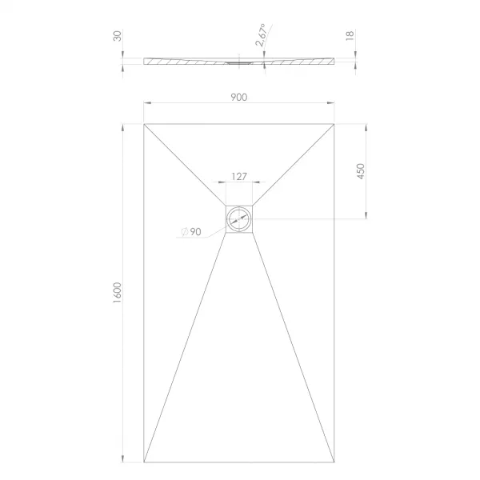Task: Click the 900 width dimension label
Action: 238,97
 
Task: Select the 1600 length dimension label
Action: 118,293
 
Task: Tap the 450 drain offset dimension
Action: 362,171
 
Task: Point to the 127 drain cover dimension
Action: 238,176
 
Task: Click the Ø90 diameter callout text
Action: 191,232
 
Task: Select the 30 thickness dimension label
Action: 118,36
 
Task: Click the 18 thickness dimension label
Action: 350,35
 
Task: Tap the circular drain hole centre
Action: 239,219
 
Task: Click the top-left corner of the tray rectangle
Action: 144,124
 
